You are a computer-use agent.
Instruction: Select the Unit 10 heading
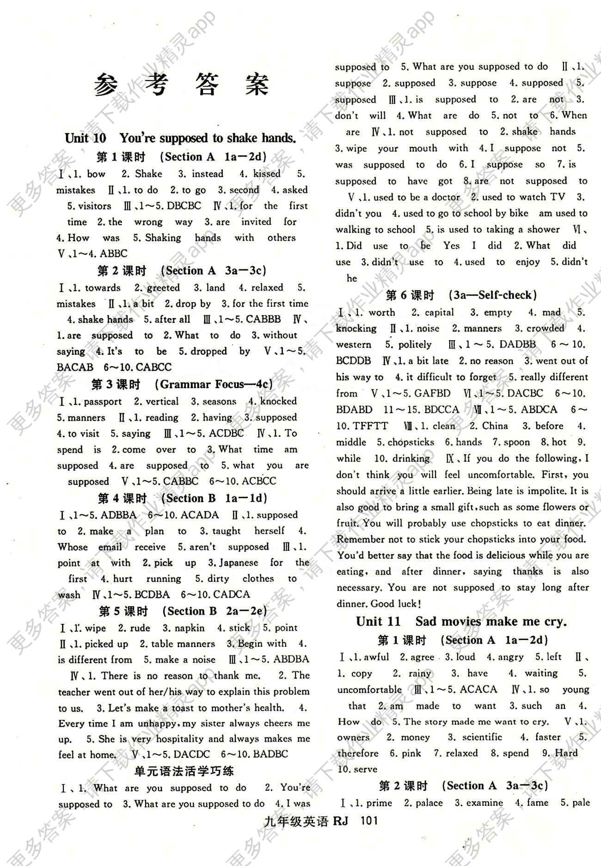(x=180, y=138)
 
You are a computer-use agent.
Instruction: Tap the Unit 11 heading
(x=461, y=621)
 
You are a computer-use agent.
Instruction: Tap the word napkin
(x=190, y=628)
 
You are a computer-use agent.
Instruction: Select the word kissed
(x=267, y=174)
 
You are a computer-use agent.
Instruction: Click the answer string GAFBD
(x=432, y=393)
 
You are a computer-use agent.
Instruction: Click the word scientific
(x=482, y=737)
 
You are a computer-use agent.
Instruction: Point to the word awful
(x=376, y=657)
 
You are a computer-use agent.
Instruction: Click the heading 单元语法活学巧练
(x=184, y=770)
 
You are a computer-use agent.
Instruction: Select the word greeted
(x=163, y=287)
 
